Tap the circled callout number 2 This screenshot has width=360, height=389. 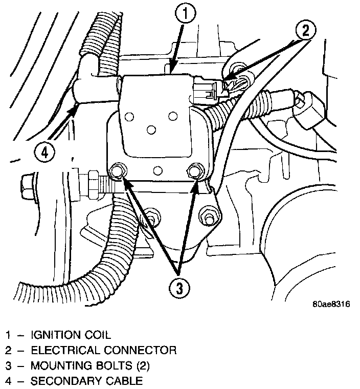tap(305, 30)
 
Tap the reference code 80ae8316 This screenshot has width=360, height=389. tap(331, 304)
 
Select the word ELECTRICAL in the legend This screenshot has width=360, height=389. tap(61, 351)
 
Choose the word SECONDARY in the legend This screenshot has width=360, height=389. tap(60, 381)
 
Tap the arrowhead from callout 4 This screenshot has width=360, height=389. tap(77, 106)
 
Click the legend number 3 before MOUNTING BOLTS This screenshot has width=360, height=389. tap(8, 366)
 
